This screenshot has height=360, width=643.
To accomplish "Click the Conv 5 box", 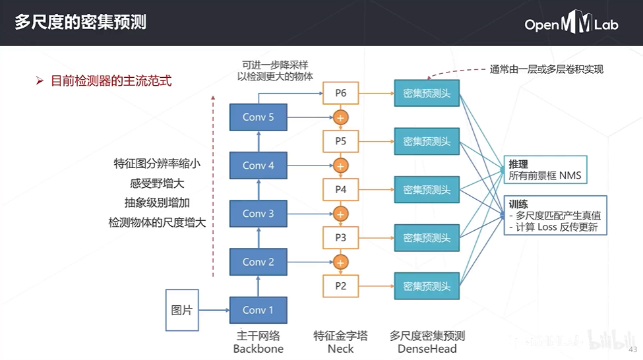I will click(258, 117).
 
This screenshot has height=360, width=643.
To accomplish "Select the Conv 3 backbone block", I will click(258, 214).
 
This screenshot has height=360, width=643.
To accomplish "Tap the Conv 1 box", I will click(258, 310).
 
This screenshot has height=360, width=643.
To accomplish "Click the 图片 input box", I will click(181, 310).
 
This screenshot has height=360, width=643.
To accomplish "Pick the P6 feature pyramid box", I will click(340, 93).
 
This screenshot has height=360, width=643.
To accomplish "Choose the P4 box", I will click(340, 189).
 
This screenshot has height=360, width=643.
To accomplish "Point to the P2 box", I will click(340, 285).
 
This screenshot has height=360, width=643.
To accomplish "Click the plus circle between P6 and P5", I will click(340, 117).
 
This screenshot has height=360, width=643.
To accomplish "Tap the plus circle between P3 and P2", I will click(340, 262).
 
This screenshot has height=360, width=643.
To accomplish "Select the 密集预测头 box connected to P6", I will click(427, 94).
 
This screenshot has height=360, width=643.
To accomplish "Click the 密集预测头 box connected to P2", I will click(427, 285).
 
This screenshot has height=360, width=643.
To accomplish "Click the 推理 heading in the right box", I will click(518, 164).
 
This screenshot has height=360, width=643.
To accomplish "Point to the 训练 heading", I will click(518, 204).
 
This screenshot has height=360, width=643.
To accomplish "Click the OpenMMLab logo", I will click(571, 24).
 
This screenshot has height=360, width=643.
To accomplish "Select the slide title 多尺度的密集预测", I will click(80, 23).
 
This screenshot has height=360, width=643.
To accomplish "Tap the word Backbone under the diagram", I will click(258, 349).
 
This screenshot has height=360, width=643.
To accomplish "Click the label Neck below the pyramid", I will click(340, 349).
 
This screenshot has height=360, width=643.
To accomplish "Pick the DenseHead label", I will click(427, 349).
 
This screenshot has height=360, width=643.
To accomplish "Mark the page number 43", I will click(632, 349).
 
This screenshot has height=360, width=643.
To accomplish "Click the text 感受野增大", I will click(157, 184).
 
